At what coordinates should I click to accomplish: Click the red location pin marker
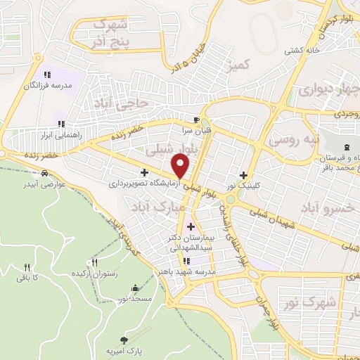point(181,165)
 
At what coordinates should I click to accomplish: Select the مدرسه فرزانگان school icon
point(47,75)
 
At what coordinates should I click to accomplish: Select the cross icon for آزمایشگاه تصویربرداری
point(144,172)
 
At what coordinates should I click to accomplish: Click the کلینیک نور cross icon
point(243,175)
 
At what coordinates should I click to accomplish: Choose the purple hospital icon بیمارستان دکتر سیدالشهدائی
point(191,226)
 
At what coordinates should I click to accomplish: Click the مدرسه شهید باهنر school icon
point(186,261)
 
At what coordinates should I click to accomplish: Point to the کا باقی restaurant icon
point(27,267)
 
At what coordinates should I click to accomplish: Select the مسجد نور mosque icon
point(134,288)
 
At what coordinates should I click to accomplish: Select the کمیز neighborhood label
point(239,65)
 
